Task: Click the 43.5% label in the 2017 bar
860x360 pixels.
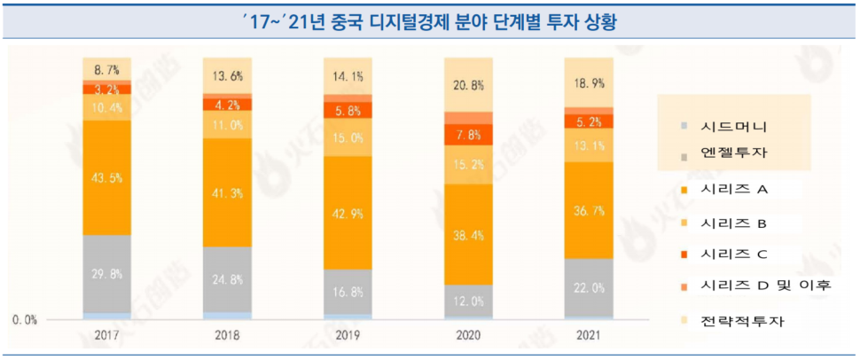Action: click(x=107, y=178)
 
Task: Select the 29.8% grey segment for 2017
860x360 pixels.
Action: click(x=107, y=274)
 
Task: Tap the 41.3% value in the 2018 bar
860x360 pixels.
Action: click(x=227, y=192)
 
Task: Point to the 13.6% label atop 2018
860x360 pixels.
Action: click(x=227, y=75)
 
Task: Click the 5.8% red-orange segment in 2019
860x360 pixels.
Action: click(x=348, y=112)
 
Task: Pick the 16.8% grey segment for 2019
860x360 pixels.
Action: click(x=348, y=291)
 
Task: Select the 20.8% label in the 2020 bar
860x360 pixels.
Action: click(x=468, y=86)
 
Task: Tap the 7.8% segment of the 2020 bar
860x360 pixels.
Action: click(x=468, y=135)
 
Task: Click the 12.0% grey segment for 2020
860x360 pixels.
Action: click(x=468, y=301)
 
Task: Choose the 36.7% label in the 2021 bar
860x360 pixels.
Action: click(x=589, y=210)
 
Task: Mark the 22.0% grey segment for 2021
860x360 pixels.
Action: click(x=589, y=288)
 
